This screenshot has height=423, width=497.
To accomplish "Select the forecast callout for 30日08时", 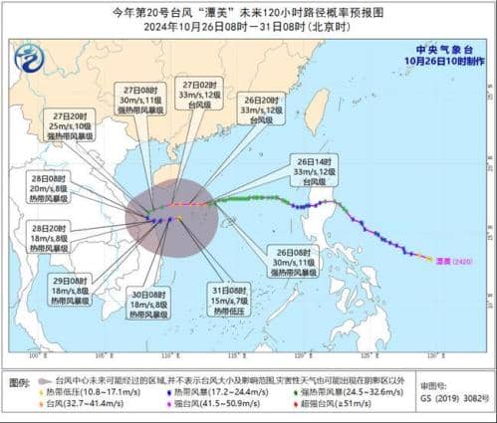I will tap(148, 301).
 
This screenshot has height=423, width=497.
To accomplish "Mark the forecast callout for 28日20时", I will tap(46, 239).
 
